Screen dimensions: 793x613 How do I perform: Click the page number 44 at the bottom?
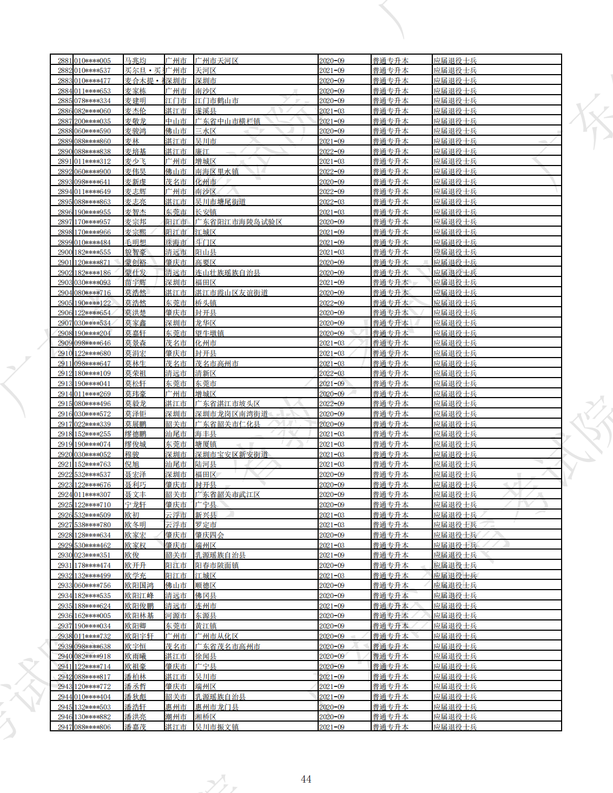(306, 779)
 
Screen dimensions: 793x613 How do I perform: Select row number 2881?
(65, 61)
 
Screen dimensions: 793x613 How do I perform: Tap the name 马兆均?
(135, 61)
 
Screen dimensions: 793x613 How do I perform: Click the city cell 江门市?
(176, 101)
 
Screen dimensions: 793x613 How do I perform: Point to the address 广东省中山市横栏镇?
(227, 121)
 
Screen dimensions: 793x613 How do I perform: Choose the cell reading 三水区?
(206, 131)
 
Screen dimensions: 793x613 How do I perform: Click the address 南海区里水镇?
(216, 171)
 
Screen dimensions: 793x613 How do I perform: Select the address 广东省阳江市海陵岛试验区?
(238, 222)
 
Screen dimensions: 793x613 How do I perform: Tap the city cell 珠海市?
(176, 242)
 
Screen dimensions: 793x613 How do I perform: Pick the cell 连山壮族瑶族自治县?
(227, 273)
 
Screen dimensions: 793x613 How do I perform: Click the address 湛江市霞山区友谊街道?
(231, 293)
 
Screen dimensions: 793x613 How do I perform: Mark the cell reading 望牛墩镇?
(209, 333)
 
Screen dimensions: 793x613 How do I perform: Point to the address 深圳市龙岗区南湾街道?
(231, 414)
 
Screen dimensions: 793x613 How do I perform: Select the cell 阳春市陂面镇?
(216, 565)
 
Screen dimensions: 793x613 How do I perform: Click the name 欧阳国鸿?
(139, 585)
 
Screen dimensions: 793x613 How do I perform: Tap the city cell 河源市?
(176, 616)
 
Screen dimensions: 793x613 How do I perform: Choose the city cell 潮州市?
(176, 717)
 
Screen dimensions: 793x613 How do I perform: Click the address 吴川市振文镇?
(216, 727)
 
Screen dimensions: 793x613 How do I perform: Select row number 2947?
(65, 727)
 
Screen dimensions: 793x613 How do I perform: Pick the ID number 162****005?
(93, 616)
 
